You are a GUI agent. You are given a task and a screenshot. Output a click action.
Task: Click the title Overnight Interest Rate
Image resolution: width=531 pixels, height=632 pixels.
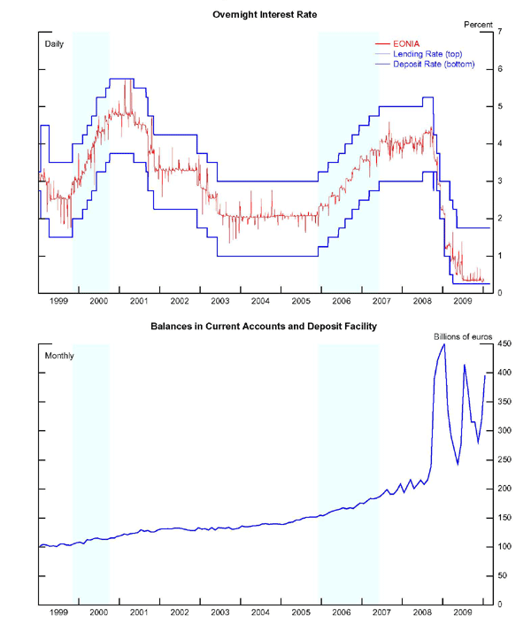pos(265,14)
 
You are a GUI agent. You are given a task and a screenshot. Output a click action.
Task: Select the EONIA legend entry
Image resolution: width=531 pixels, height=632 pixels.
pos(406,42)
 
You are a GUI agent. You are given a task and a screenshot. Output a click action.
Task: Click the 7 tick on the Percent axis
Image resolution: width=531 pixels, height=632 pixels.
pos(501,32)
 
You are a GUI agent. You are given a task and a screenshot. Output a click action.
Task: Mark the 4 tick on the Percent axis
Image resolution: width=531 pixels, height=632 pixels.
pos(501,143)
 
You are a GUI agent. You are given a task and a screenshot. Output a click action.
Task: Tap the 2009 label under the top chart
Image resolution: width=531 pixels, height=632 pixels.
pos(461,302)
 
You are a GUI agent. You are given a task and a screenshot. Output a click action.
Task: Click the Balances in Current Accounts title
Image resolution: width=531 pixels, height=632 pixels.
pos(264,327)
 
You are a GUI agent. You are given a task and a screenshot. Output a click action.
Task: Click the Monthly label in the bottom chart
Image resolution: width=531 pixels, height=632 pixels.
pos(59,356)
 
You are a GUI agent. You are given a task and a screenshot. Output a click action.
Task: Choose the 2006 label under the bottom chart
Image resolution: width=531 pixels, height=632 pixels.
pos(341,612)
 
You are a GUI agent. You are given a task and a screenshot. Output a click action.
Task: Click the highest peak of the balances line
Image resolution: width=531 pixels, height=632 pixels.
pos(444,344)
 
